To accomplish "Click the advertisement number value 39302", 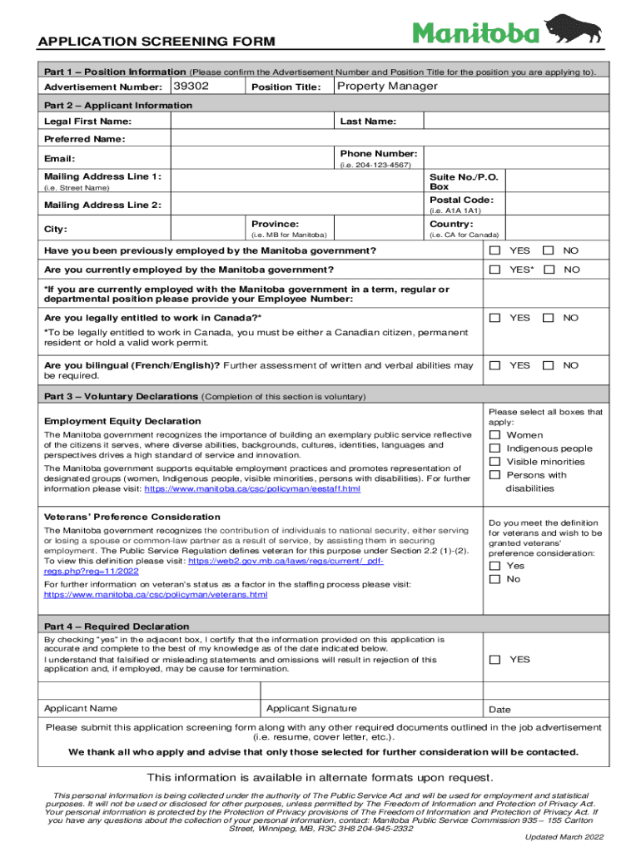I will [191, 87].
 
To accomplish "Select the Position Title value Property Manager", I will [387, 87].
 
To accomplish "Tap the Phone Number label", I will [379, 153].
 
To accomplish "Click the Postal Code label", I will [461, 201].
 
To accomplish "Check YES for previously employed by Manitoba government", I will [495, 251].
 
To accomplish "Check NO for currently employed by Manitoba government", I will [549, 270].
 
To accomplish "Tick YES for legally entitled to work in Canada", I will [495, 318].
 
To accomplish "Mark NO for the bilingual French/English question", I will [549, 365].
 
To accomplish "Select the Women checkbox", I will [495, 435].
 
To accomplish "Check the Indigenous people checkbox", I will [495, 448].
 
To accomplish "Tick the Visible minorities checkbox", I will [495, 462].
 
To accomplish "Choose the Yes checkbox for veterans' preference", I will [495, 566].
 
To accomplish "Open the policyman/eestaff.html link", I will [252, 489].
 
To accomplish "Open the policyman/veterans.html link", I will [156, 595].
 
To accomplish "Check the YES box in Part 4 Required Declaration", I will [495, 660].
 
